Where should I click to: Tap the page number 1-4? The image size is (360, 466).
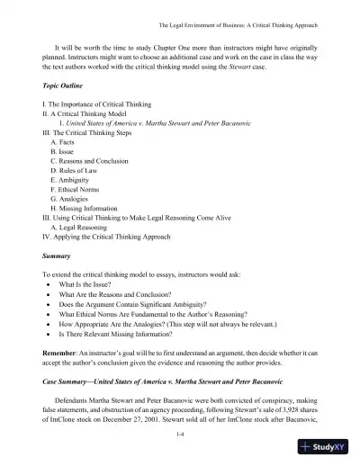coord(180,435)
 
